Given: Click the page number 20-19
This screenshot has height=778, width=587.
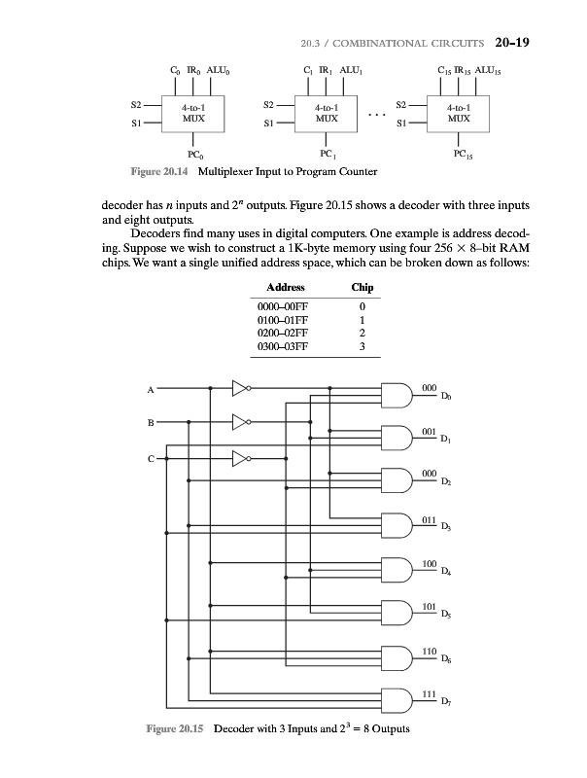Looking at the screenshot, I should coord(509,42).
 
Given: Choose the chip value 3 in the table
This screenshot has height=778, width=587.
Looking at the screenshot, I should coord(361,348).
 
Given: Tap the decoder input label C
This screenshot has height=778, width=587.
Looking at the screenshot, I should coord(151,458).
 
